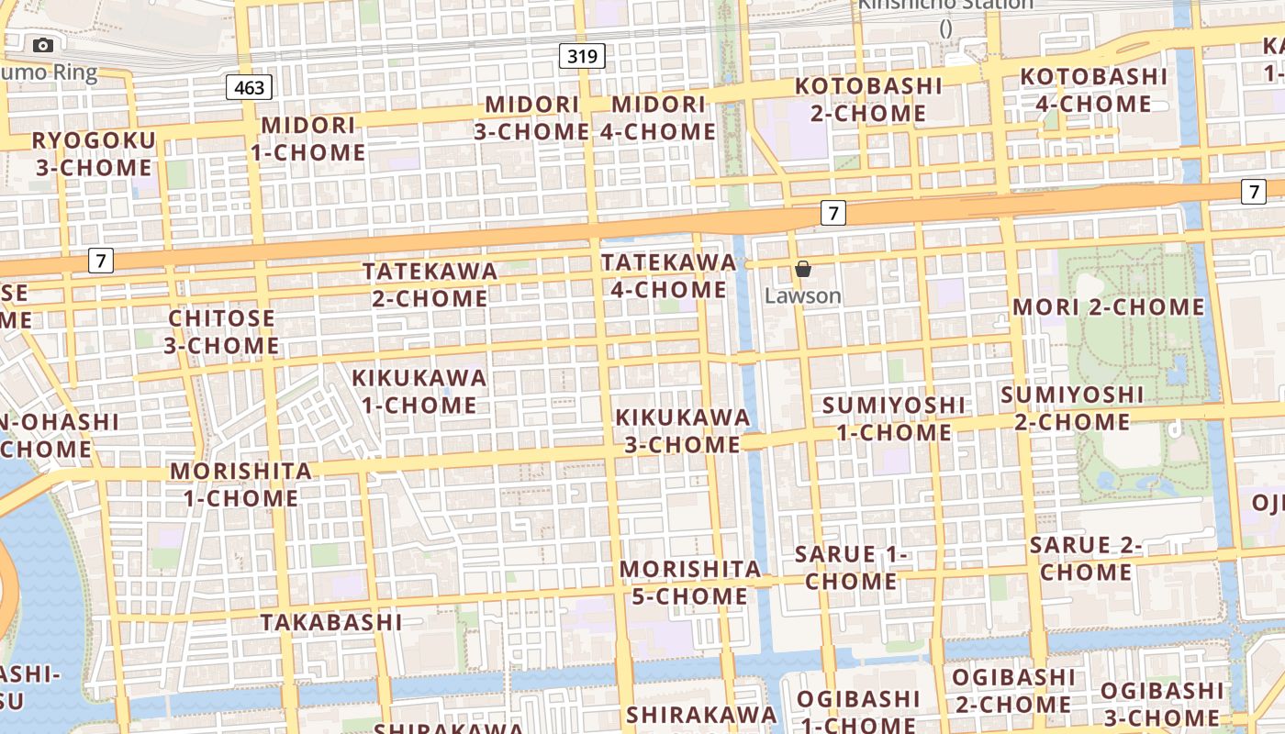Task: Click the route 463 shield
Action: (x=249, y=87)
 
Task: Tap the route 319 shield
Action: (x=582, y=57)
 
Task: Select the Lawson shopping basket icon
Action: (x=803, y=269)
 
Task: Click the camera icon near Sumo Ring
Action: (x=43, y=45)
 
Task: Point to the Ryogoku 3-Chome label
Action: (x=94, y=154)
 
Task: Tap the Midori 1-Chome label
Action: (x=308, y=139)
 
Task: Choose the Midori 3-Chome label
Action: (x=531, y=117)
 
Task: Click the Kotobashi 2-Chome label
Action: (x=868, y=99)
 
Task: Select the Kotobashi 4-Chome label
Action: (x=1093, y=90)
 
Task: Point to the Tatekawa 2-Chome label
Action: (x=430, y=284)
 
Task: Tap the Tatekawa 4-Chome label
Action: (x=668, y=275)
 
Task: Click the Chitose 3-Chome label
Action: (x=221, y=331)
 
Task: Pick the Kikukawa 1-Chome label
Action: (x=419, y=391)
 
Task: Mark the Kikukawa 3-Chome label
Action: (x=682, y=430)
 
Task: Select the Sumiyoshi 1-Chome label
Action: (x=894, y=418)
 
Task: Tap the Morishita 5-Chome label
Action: (x=690, y=582)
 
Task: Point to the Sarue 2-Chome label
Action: (x=1085, y=558)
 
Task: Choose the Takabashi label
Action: (x=331, y=622)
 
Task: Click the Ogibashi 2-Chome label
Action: (x=1012, y=691)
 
